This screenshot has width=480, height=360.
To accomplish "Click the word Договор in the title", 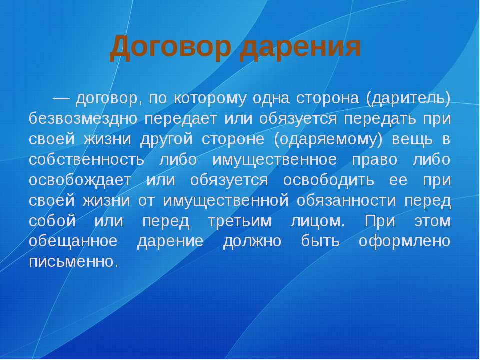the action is pyautogui.click(x=170, y=48).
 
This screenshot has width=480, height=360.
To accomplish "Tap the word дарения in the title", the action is pyautogui.click(x=300, y=48).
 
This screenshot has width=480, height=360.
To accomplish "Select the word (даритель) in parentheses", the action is pyautogui.click(x=408, y=98).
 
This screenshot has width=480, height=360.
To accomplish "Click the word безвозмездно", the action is pyautogui.click(x=83, y=119).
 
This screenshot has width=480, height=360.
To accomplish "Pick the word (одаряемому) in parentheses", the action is pyautogui.click(x=328, y=139).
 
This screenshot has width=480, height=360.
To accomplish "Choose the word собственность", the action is pyautogui.click(x=86, y=160).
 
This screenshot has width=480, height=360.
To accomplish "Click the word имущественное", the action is pyautogui.click(x=274, y=160).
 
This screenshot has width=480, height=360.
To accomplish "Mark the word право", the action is pyautogui.click(x=374, y=160).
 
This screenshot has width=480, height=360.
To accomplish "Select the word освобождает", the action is pyautogui.click(x=80, y=180).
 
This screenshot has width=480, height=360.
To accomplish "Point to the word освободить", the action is pyautogui.click(x=328, y=180).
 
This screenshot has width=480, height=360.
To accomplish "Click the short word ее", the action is pyautogui.click(x=398, y=180).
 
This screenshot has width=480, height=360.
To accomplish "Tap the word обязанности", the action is pyautogui.click(x=346, y=201).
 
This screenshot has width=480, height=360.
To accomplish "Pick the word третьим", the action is pyautogui.click(x=239, y=221).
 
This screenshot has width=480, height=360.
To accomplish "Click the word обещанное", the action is pyautogui.click(x=73, y=241).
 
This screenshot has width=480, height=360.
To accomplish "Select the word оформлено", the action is pyautogui.click(x=404, y=241).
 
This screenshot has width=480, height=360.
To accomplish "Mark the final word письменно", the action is pyautogui.click(x=74, y=262).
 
